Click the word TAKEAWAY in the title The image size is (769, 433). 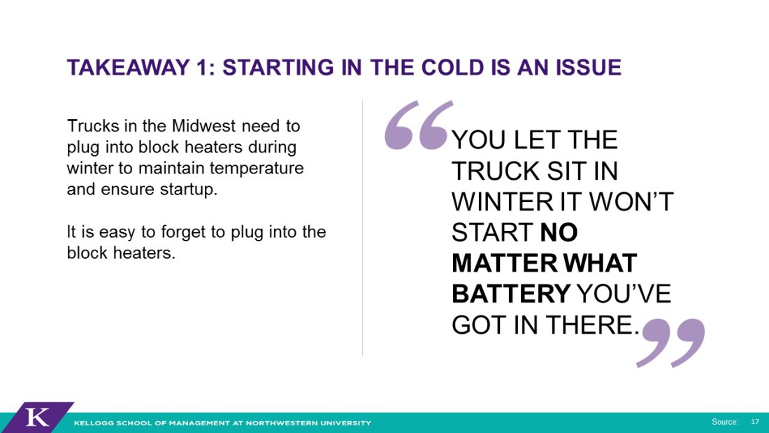pyautogui.click(x=128, y=67)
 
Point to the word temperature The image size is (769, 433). pyautogui.click(x=257, y=169)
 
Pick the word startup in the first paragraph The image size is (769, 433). pyautogui.click(x=188, y=190)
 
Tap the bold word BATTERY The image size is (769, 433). pyautogui.click(x=511, y=294)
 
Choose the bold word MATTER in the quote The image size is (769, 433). pyautogui.click(x=505, y=263)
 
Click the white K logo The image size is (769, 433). pyautogui.click(x=37, y=418)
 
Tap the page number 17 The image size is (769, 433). pyautogui.click(x=755, y=422)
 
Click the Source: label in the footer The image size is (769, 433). pyautogui.click(x=725, y=422)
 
